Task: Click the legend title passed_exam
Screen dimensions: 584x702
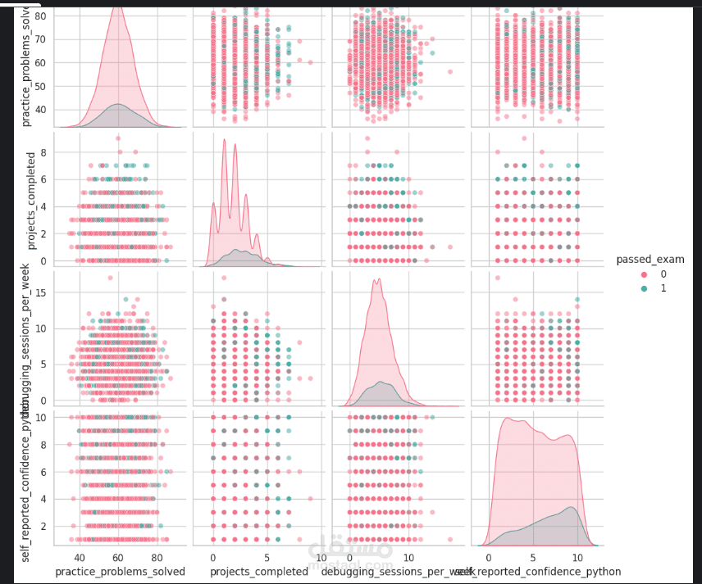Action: [x=650, y=260]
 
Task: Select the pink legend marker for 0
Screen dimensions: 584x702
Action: [x=644, y=274]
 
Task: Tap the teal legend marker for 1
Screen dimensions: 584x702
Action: [x=644, y=288]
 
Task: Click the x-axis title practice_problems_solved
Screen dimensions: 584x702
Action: [x=120, y=571]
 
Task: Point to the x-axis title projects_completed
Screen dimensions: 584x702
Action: [x=260, y=571]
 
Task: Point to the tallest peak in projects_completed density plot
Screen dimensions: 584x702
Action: [x=224, y=139]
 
